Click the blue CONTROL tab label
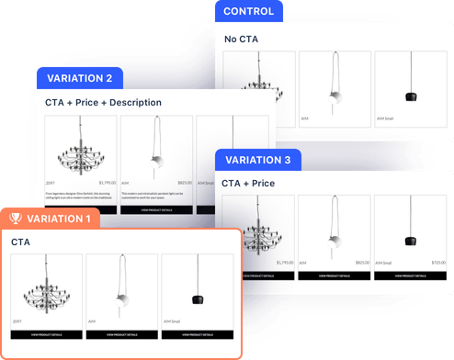[x=249, y=12]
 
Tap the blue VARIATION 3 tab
[x=258, y=159]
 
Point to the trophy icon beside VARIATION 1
[x=17, y=219]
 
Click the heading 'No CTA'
[x=243, y=39]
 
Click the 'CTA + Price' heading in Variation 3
[x=248, y=184]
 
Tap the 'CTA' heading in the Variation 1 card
[x=20, y=242]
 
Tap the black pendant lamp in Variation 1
[x=196, y=299]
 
